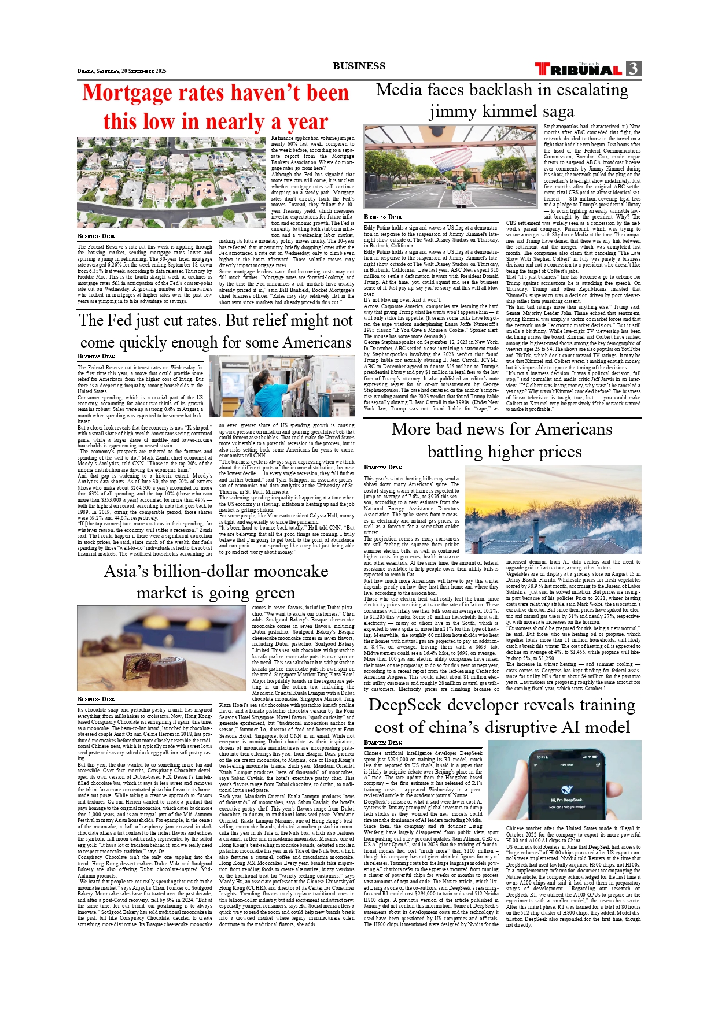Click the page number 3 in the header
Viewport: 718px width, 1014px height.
tap(633, 69)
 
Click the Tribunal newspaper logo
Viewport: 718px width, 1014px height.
tap(579, 69)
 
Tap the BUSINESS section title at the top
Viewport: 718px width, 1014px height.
tap(359, 66)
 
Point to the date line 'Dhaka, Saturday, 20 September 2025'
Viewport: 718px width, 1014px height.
tap(121, 71)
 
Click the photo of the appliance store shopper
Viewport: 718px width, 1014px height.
tap(282, 386)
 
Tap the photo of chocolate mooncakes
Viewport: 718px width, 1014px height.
tap(161, 648)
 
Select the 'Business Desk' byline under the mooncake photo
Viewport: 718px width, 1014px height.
tap(96, 699)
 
